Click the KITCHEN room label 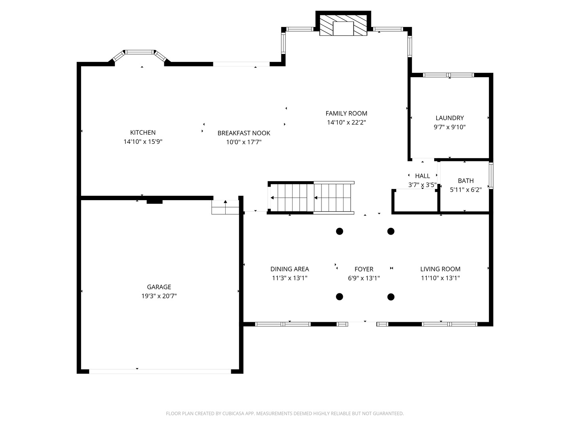[142, 132]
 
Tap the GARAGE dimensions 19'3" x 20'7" [159, 296]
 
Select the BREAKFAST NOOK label [244, 133]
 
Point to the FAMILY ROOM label [346, 113]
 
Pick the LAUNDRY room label [450, 118]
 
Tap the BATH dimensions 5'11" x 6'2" [465, 190]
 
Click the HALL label [422, 176]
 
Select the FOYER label [364, 269]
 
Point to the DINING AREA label [289, 269]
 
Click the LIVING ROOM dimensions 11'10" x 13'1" [440, 278]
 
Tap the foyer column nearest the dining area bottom [339, 297]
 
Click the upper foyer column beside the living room [391, 231]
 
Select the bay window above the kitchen [140, 55]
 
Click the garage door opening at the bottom [160, 371]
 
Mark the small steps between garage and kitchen [225, 207]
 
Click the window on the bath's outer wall [491, 176]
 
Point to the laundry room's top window [448, 75]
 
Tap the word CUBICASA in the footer [233, 413]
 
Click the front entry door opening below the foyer [362, 324]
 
